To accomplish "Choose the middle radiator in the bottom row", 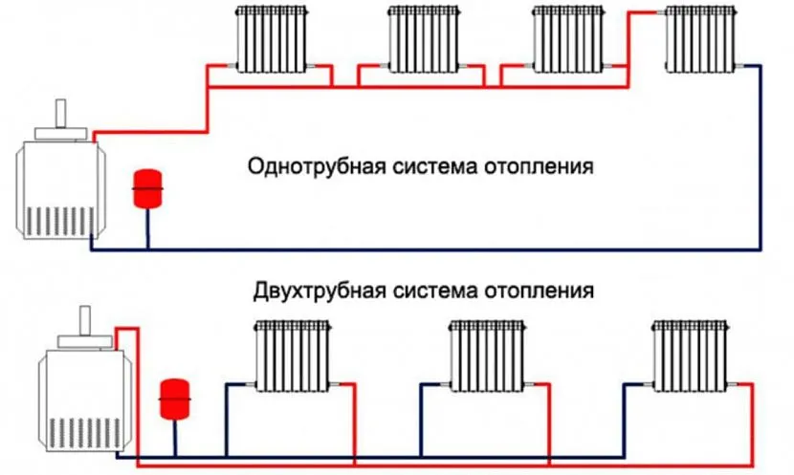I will pyautogui.click(x=488, y=355).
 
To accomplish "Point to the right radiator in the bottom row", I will pyautogui.click(x=689, y=355).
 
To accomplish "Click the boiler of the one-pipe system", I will pyautogui.click(x=56, y=186).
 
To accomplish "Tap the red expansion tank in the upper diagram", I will pyautogui.click(x=148, y=187).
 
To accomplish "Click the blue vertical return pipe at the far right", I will pyautogui.click(x=762, y=158).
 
